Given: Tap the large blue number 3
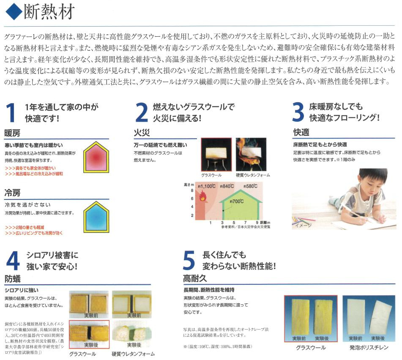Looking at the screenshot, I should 298,113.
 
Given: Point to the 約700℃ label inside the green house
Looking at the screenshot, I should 237,202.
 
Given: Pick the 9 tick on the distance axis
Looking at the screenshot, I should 257,223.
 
